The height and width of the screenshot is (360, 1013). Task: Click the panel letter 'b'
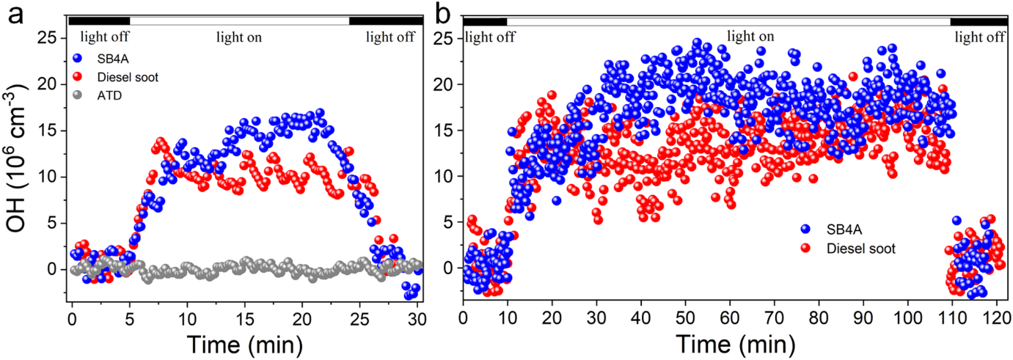pos(444,12)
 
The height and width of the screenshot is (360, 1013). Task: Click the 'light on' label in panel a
pos(238,36)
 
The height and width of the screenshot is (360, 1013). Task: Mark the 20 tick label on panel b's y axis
pos(445,84)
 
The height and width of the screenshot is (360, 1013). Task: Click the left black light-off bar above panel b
pos(484,21)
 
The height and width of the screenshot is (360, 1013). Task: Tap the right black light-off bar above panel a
pos(385,21)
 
